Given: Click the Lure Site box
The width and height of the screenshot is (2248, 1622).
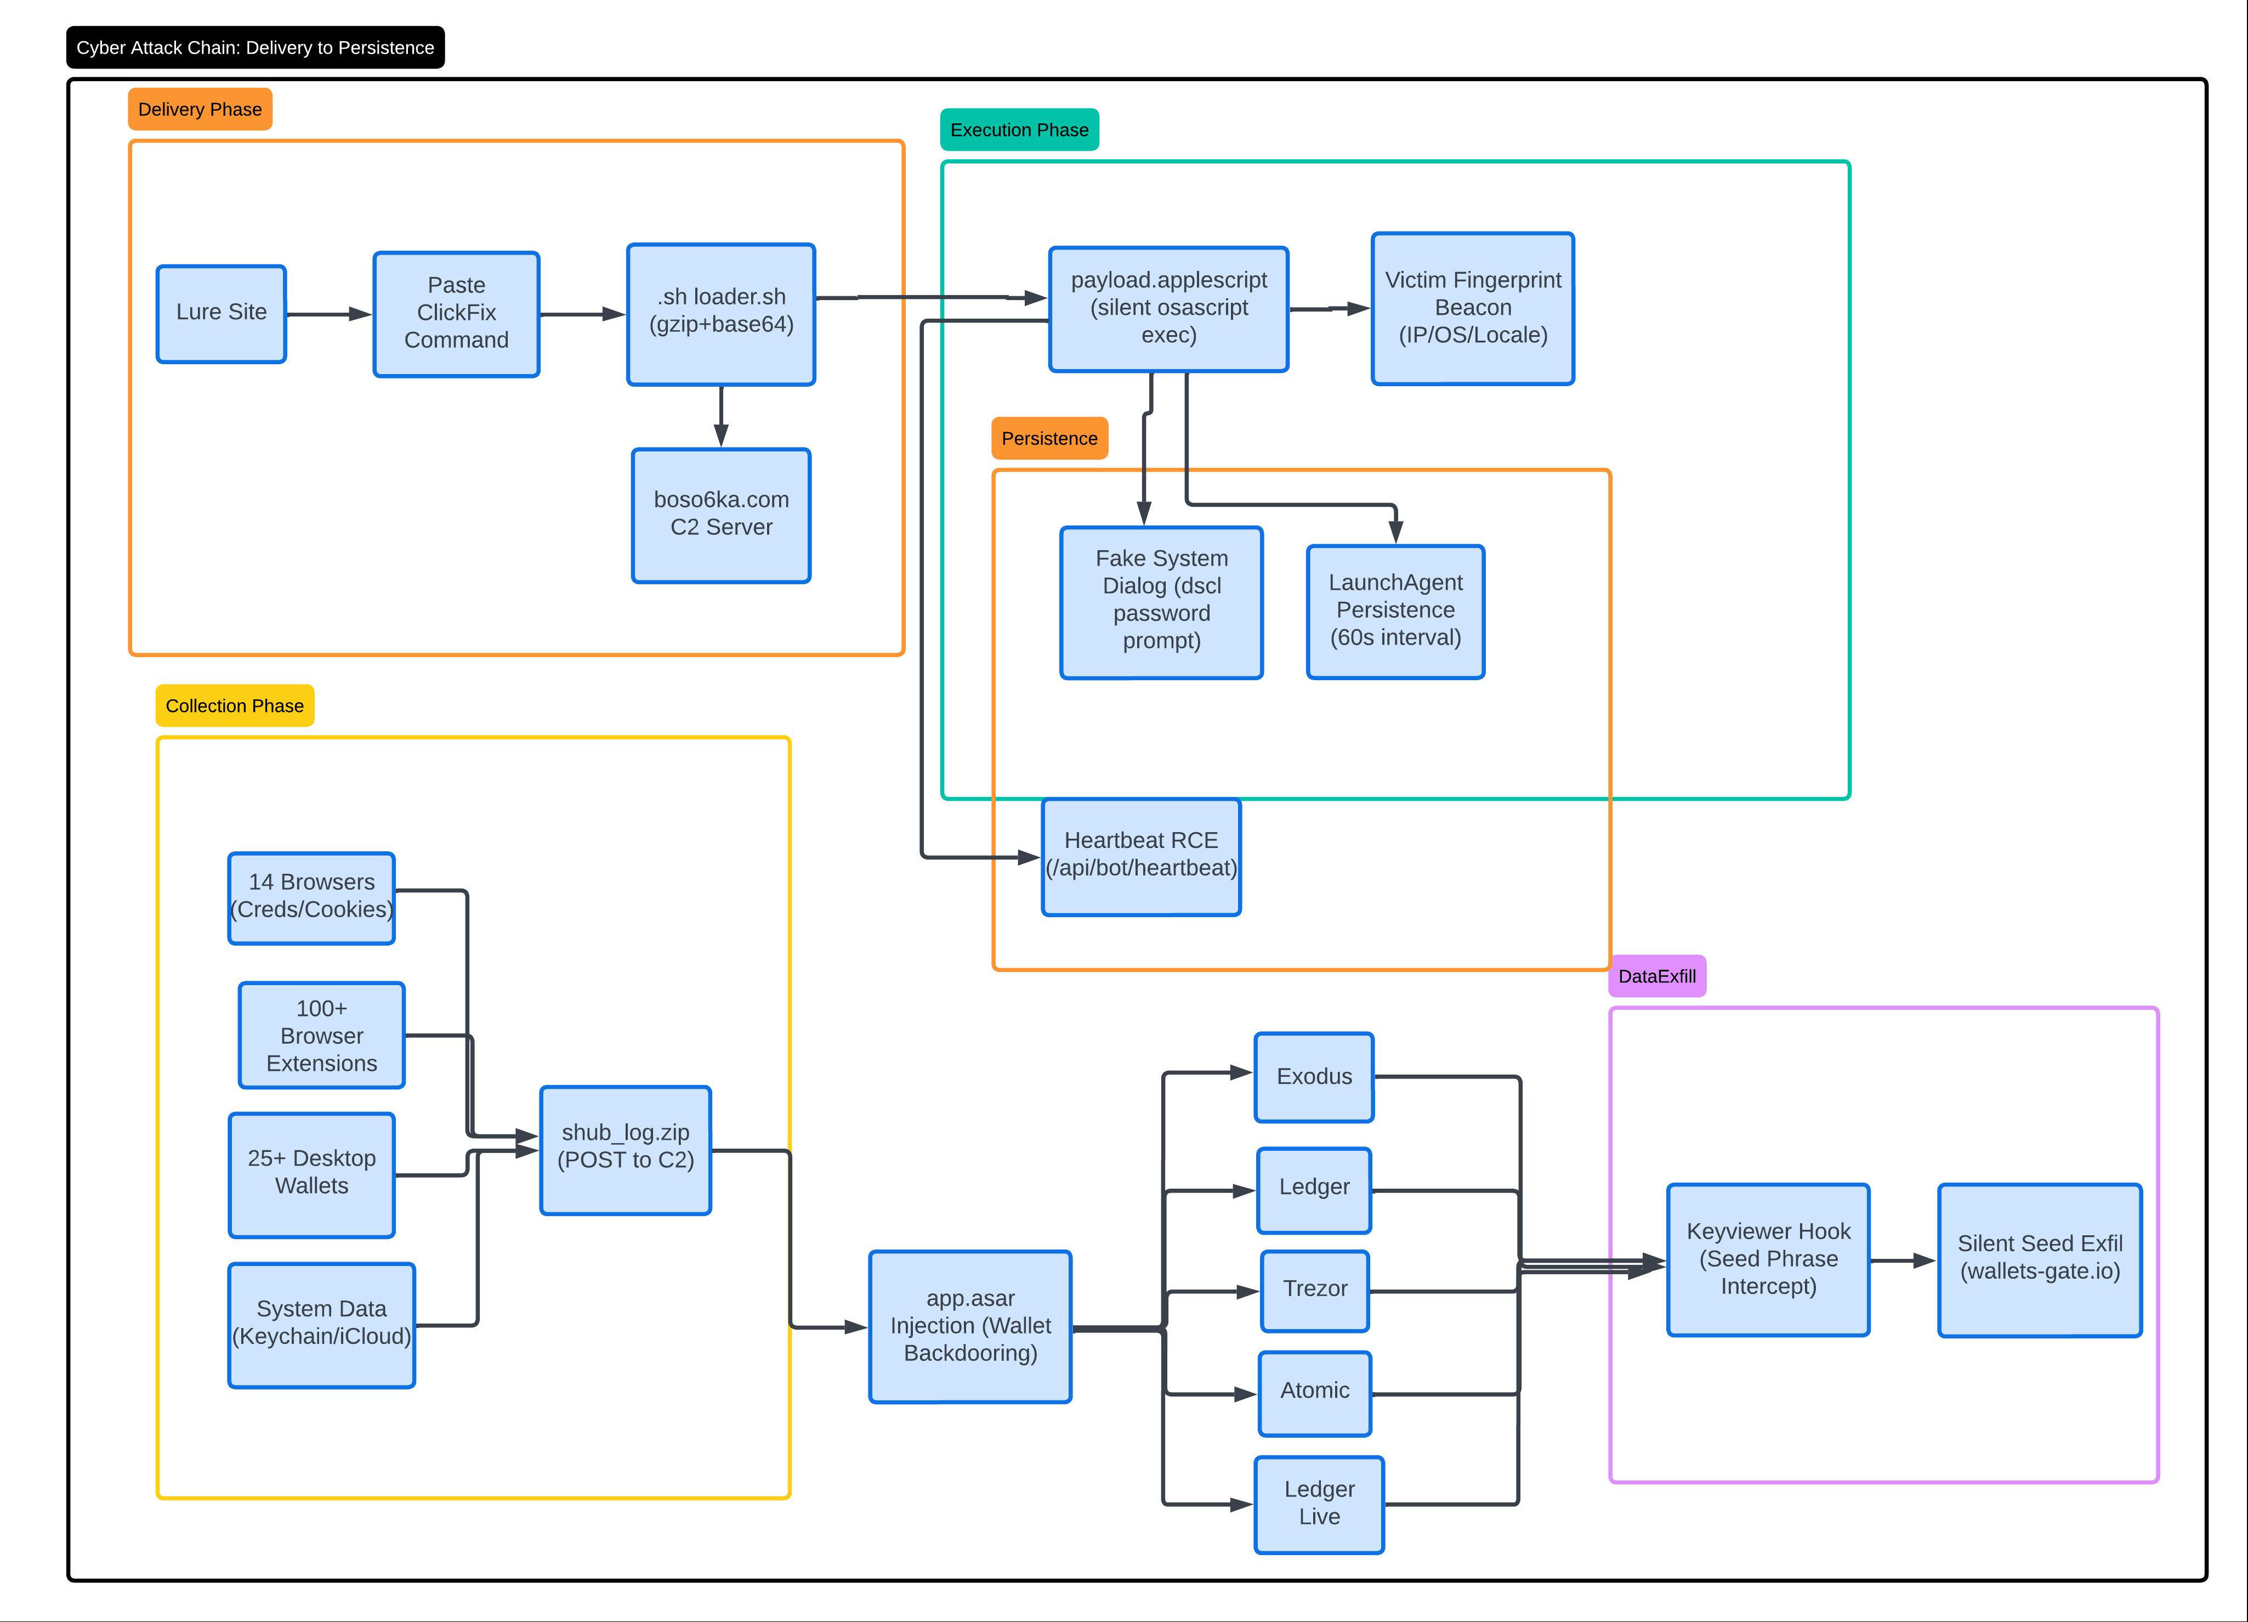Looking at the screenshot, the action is pos(221,313).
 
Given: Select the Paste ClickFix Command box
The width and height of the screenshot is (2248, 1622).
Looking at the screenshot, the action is pos(456,313).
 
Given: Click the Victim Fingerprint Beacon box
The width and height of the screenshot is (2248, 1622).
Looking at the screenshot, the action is pos(1473,308).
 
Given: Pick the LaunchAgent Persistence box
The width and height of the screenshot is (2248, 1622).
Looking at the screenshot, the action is pos(1395,612).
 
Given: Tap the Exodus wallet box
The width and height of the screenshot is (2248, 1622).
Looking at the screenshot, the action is pos(1314,1077).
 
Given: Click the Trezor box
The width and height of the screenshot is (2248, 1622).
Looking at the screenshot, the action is pos(1315,1291).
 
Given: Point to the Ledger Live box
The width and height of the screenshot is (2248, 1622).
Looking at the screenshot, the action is pos(1319,1504).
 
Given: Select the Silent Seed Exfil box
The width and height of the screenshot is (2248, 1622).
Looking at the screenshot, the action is pos(2040,1259).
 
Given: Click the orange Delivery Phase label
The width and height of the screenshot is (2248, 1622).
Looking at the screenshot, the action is pos(200,109).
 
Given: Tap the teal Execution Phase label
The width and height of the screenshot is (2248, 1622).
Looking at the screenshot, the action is pos(1019,130).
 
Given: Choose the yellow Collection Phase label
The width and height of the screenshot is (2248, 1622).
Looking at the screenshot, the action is pos(235,706).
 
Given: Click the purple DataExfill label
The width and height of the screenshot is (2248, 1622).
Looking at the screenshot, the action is pos(1657,976).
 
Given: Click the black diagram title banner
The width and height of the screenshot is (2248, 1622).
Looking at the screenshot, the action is pos(256,48).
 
